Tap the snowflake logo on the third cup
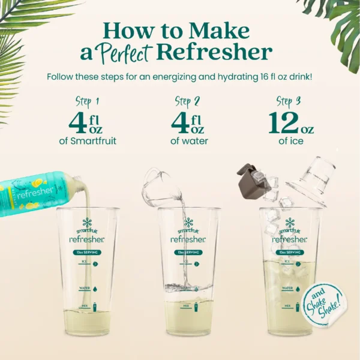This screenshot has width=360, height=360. click(290, 223)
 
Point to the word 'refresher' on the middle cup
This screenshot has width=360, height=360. click(188, 239)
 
